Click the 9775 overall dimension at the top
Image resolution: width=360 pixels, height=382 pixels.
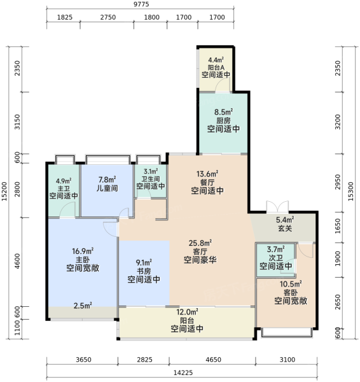(x=141, y=4)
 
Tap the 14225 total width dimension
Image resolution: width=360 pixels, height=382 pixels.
(x=183, y=372)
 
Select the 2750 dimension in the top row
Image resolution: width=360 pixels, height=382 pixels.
(x=108, y=17)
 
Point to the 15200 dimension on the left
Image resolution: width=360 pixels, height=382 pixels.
(x=4, y=192)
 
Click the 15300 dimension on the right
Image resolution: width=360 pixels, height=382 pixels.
(x=350, y=192)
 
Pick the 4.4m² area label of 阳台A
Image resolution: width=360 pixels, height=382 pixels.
(x=216, y=60)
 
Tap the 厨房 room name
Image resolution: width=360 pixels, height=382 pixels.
(x=223, y=120)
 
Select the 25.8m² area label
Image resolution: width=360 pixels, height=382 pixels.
(x=200, y=243)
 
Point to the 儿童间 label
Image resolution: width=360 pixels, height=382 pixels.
(x=107, y=188)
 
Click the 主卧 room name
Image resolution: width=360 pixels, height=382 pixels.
(x=83, y=260)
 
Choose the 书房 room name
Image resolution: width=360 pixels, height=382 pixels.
(x=144, y=271)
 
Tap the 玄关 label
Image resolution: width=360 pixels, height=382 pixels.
(x=285, y=229)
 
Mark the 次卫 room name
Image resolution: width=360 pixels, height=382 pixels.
(x=276, y=258)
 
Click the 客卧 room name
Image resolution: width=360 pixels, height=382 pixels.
(x=291, y=292)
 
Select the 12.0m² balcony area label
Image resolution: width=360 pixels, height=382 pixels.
(x=187, y=311)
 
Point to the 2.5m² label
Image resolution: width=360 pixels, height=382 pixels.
(x=83, y=306)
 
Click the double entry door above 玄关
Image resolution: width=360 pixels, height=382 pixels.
(x=277, y=206)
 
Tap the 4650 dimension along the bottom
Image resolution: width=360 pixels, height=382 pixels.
(x=213, y=360)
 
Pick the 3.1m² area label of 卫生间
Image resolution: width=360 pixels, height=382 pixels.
(x=151, y=171)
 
